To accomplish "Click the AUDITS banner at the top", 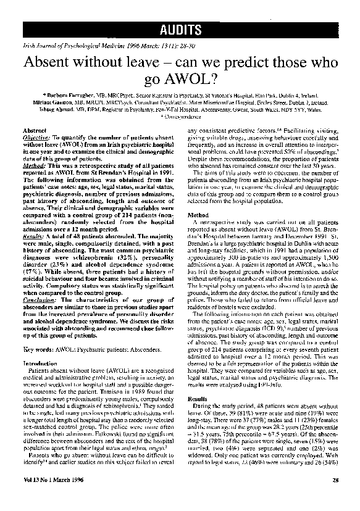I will click(179, 29).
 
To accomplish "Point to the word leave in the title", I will click(141, 64).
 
